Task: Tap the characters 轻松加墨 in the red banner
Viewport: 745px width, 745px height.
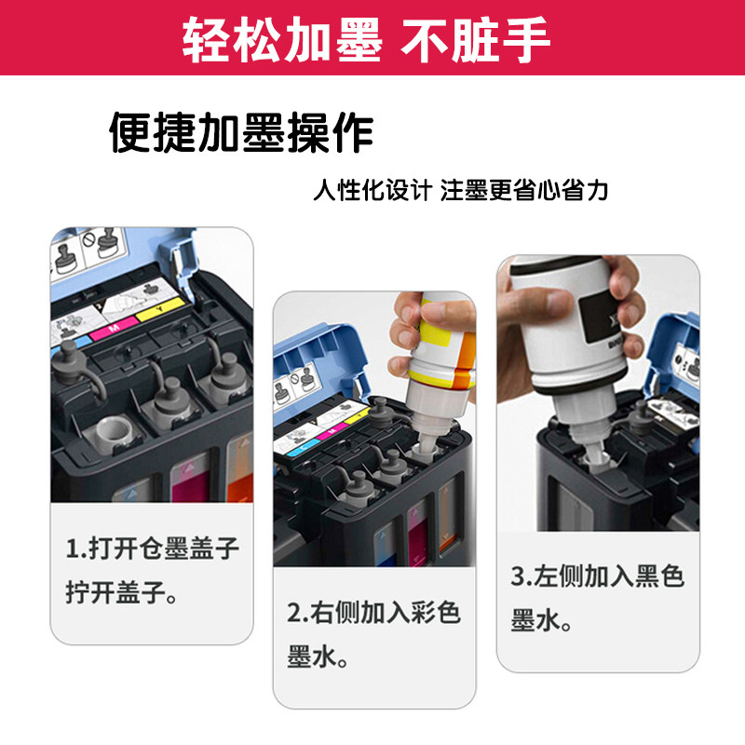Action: [x=281, y=40]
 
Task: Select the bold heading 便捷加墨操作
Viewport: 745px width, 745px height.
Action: [x=241, y=134]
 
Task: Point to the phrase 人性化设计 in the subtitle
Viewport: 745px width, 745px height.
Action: [x=372, y=191]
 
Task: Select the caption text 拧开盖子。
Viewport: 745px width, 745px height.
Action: [x=121, y=593]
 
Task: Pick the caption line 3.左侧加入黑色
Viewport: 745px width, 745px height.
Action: [x=597, y=577]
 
